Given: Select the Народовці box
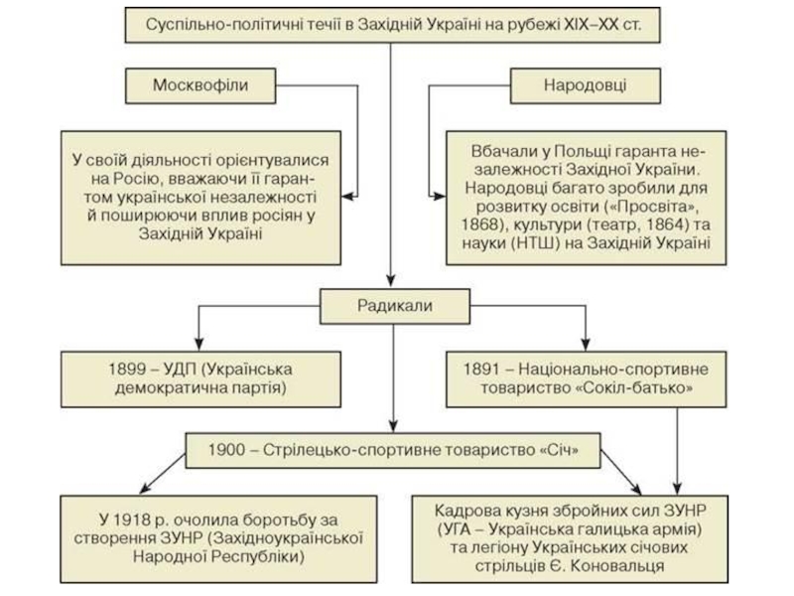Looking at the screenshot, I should pos(585,85).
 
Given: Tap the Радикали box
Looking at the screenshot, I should pos(395,306).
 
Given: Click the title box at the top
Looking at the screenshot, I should pos(394,22).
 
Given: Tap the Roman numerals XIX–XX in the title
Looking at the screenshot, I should pos(593,22).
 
